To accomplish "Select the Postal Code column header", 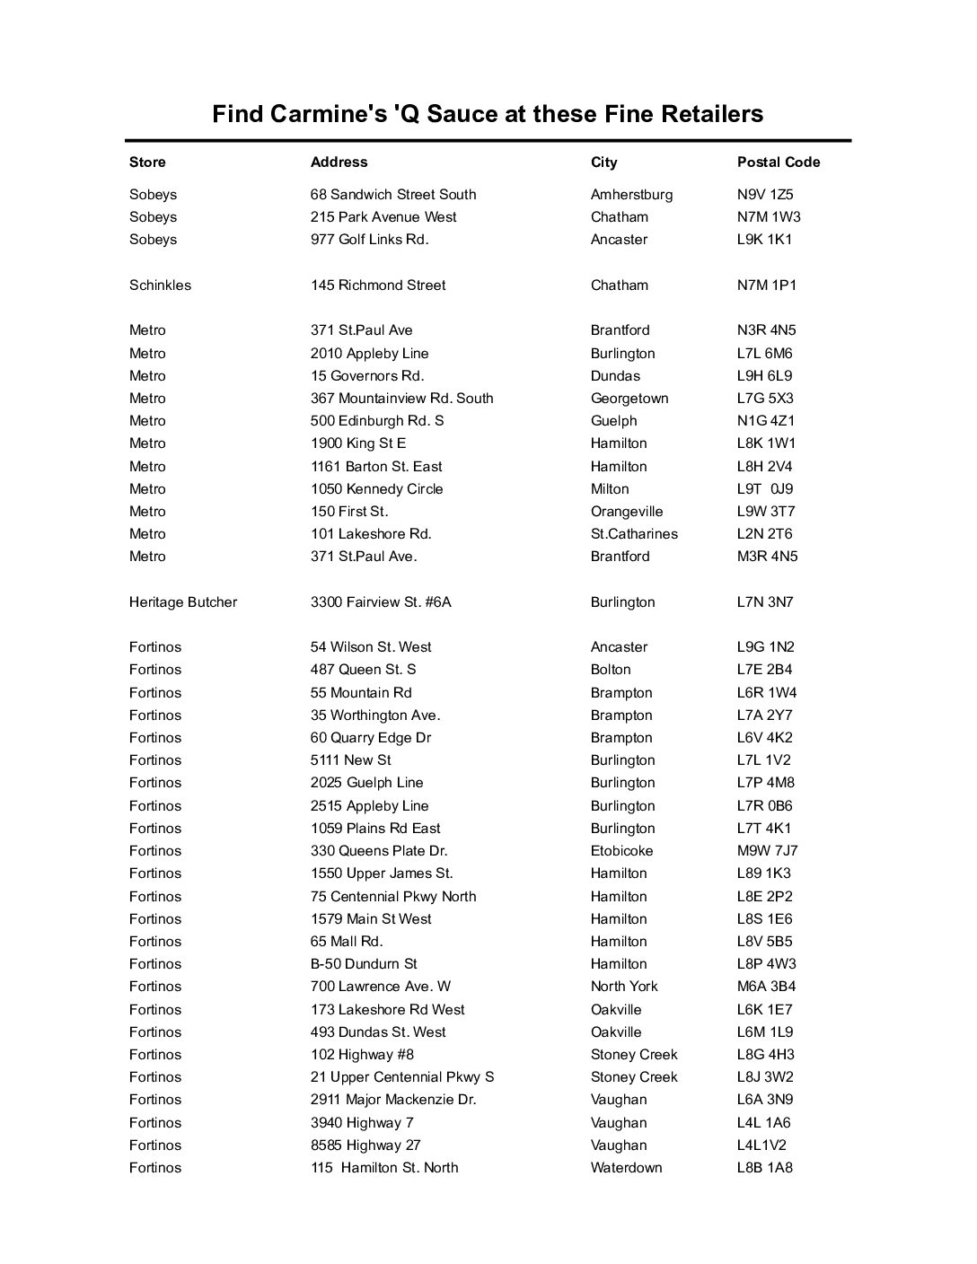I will pos(779,162).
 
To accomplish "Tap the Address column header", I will pos(339,162).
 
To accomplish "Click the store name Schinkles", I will pos(160,285).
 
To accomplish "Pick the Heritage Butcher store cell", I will pos(183,602).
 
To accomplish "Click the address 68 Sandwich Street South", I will pos(393,195).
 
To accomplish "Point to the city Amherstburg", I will pos(631,195).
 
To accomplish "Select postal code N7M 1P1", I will pos(766,285).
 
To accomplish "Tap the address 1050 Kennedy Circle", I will pos(376,489).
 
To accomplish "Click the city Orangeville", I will pos(627,512).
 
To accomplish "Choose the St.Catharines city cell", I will pos(634,534).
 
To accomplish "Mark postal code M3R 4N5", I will pos(767,557).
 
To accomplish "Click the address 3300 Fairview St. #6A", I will pos(381,602).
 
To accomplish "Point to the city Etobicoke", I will pos(621,851).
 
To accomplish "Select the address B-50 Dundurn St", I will pos(364,964).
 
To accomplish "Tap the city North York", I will pos(624,987).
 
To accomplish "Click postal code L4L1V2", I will pos(761,1145).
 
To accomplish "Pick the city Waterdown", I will pos(626,1168).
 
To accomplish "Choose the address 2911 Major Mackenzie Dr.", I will pos(393,1100).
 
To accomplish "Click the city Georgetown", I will pos(629,399).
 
